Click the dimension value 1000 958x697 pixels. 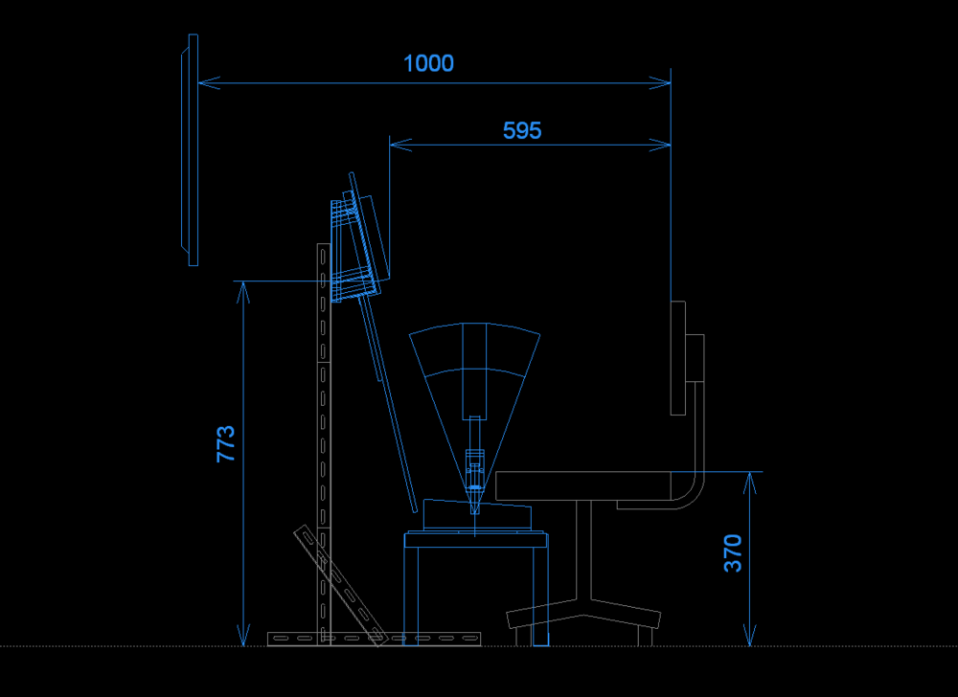428,64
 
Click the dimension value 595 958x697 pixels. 522,131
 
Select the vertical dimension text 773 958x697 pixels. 226,444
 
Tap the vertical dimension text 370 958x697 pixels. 733,553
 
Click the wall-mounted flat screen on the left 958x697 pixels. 192,150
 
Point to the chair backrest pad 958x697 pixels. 677,358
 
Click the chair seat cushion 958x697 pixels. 594,486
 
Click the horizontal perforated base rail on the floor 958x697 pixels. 374,637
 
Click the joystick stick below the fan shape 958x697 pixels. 474,469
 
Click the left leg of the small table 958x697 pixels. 411,594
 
